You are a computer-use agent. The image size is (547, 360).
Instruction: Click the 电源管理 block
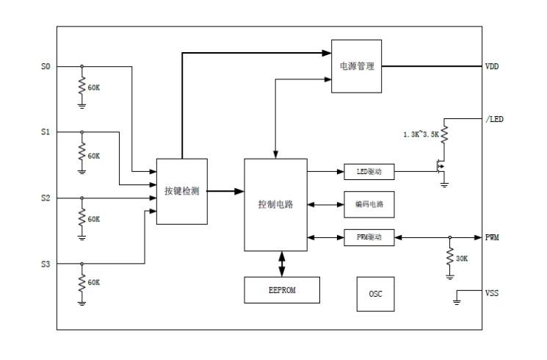357,66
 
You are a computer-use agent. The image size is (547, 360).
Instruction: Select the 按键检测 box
182,191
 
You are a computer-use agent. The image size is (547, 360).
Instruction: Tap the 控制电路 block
276,204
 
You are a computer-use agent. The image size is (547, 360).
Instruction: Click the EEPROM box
282,290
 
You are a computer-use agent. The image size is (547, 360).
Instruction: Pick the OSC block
375,294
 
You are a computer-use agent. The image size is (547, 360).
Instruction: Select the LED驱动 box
369,173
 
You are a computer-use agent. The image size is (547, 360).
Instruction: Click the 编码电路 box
369,205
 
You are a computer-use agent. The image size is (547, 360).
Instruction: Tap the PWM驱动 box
369,237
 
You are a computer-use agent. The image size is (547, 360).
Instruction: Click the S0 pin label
46,67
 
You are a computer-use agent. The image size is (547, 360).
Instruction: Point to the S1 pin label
46,133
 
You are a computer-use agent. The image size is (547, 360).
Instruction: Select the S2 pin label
46,198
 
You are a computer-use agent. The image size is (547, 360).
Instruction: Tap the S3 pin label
46,264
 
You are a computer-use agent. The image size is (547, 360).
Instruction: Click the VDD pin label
493,67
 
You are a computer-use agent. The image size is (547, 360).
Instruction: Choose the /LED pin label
495,119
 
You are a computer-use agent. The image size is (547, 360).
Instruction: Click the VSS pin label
492,293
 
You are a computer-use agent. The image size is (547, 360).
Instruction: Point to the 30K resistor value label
462,259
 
